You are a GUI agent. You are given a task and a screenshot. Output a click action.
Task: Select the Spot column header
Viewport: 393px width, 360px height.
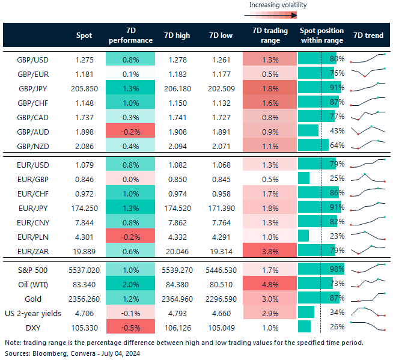tap(84, 35)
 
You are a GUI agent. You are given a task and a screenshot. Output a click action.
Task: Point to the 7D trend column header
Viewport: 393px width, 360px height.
tap(368, 35)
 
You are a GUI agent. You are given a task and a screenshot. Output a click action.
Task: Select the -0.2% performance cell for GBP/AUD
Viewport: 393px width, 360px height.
tap(130, 130)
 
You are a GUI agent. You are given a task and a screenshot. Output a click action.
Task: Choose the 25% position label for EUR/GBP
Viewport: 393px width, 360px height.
tap(337, 178)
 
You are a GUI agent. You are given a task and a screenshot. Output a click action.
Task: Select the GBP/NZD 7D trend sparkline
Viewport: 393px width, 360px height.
tap(367, 145)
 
